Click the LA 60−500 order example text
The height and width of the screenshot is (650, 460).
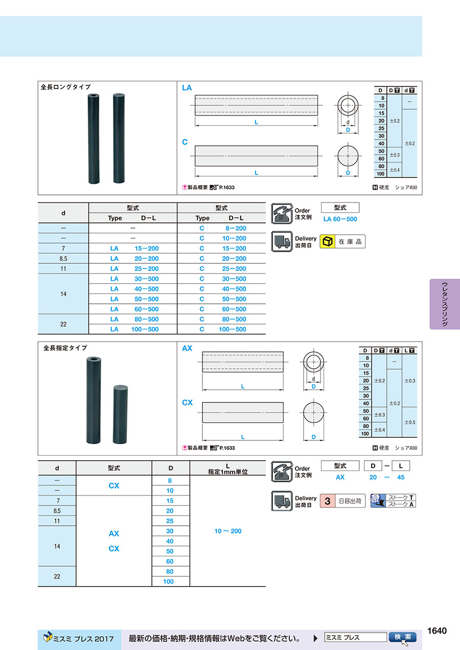click(340, 219)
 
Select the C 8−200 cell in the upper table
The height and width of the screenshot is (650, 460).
click(221, 228)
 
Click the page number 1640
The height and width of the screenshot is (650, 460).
click(437, 631)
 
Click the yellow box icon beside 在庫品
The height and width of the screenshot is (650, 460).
click(328, 241)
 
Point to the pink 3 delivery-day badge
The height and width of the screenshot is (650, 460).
click(328, 501)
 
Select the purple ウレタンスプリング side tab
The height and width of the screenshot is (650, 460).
click(445, 304)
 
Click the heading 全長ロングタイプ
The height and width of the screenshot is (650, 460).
click(65, 87)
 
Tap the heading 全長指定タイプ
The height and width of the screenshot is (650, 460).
click(65, 348)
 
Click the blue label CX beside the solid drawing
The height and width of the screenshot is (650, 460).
click(187, 402)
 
